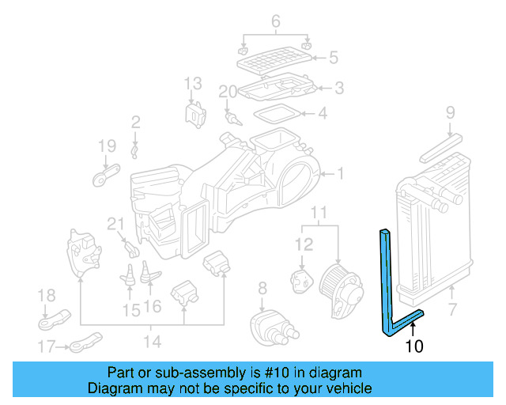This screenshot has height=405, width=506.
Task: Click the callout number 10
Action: [x=414, y=346]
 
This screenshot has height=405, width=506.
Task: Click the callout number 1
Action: [x=340, y=173]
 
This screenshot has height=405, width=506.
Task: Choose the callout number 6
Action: [x=276, y=21]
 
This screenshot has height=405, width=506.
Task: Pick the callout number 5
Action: [x=333, y=57]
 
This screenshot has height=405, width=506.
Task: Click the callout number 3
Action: [x=338, y=88]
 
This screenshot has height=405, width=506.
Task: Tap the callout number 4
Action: [x=322, y=114]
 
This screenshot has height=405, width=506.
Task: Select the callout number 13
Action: [x=194, y=83]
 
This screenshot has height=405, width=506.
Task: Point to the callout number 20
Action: [x=228, y=92]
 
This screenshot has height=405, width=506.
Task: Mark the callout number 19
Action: [x=107, y=146]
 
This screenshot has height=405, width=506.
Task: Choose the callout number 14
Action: [x=152, y=342]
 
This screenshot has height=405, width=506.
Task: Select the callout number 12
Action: [x=304, y=245]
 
